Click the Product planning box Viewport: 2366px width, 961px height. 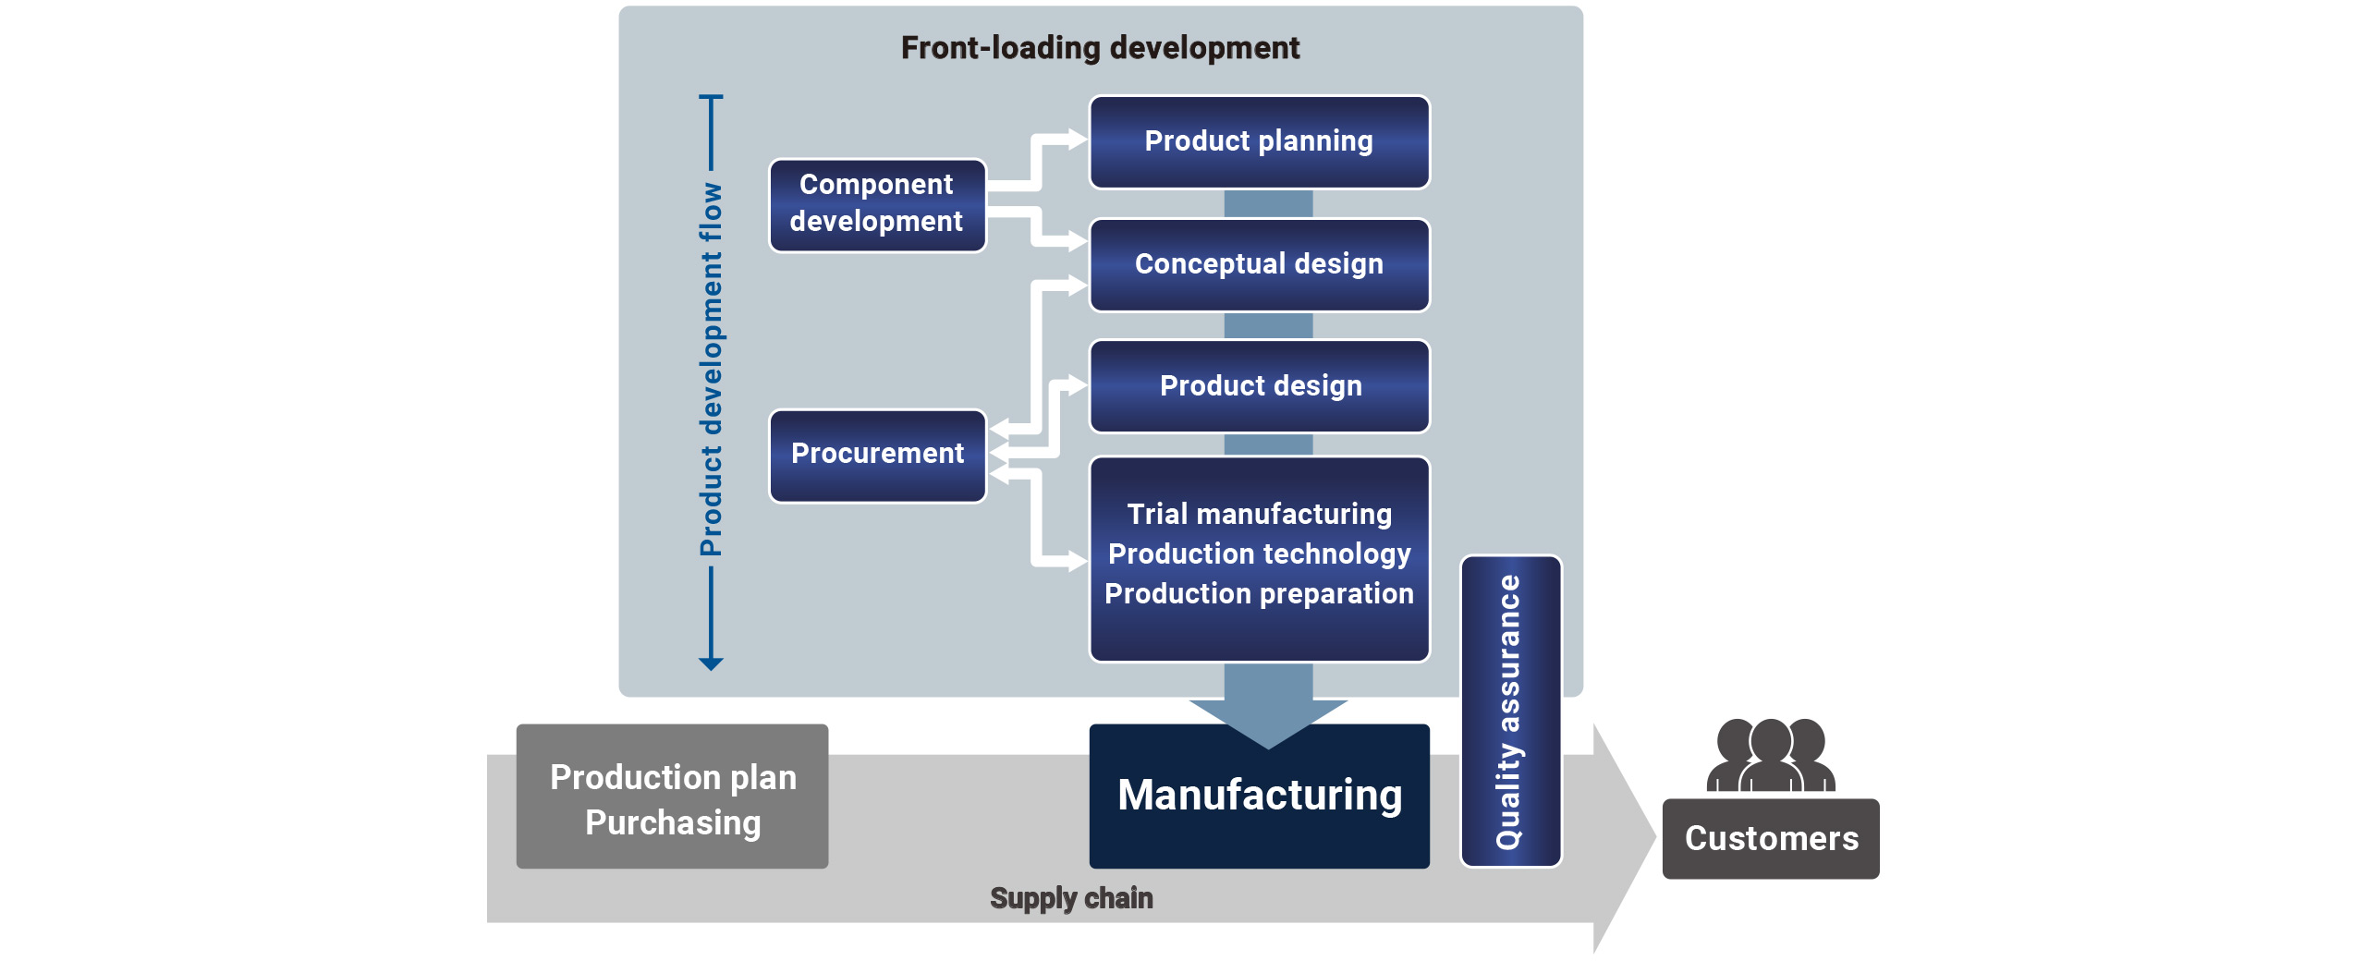click(1259, 142)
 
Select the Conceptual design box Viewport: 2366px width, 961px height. click(1259, 265)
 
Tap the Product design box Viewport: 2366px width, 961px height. click(1259, 386)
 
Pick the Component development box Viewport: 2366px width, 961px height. click(877, 204)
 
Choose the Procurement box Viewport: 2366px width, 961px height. click(877, 455)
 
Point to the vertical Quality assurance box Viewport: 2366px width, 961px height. click(1510, 712)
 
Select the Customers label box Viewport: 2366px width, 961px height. click(1770, 839)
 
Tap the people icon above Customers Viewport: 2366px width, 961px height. click(1770, 756)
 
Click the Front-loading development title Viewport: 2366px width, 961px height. click(1100, 48)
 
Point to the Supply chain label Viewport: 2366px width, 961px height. click(1071, 898)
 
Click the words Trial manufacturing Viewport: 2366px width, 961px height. click(1259, 514)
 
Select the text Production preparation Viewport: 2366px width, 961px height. click(1259, 593)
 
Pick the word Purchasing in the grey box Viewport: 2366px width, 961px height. click(673, 822)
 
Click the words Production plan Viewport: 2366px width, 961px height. click(673, 777)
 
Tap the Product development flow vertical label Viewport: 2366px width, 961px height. click(711, 370)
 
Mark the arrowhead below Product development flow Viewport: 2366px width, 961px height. click(711, 663)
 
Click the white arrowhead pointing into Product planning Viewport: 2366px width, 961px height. click(1077, 140)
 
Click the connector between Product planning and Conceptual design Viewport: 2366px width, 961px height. click(1268, 204)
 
